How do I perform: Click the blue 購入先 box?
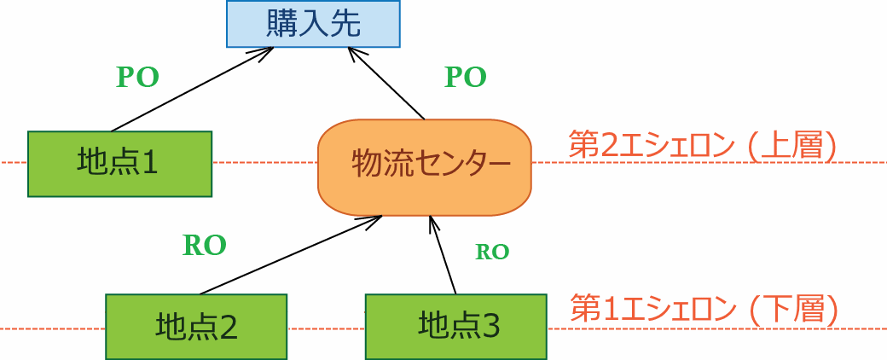pos(314,23)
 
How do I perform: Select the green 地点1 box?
pos(119,163)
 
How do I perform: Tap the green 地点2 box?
pos(196,326)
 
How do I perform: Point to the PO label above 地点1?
pos(137,77)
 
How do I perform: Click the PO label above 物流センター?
pos(466,78)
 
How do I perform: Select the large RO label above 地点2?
pos(205,246)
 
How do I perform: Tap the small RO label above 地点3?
pos(492,252)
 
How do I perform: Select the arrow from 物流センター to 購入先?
pos(388,84)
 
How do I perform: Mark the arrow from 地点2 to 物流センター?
pos(290,254)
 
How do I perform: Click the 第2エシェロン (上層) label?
pos(702,146)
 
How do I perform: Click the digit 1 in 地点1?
pos(150,163)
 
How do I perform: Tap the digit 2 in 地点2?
pos(228,327)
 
